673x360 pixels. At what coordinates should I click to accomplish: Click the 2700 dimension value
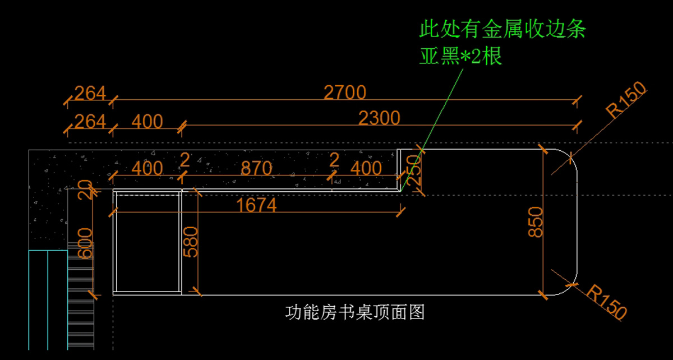345,92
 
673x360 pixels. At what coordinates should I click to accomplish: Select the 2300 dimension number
379,118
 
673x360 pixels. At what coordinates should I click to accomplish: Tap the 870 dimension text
256,168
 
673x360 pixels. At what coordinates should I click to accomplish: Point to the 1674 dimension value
257,205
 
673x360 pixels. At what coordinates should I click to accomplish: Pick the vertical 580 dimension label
191,242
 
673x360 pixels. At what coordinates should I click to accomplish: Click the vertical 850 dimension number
537,221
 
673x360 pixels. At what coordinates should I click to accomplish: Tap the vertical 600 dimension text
85,243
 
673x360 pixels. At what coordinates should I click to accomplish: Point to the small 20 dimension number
85,191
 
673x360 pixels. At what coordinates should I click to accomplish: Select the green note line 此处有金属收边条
503,29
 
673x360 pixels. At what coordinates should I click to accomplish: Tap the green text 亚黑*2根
461,57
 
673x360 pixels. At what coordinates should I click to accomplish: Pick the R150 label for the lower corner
607,302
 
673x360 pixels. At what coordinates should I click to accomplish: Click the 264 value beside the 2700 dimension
90,93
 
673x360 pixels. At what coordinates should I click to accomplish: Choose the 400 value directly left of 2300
147,121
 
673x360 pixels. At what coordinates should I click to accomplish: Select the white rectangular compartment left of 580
147,242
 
